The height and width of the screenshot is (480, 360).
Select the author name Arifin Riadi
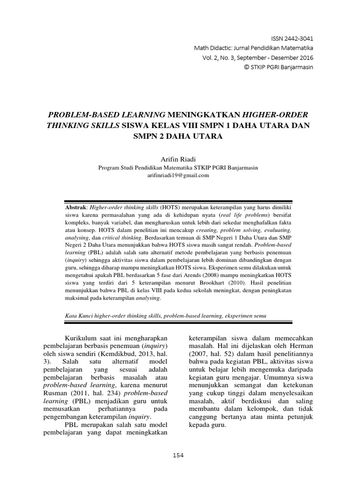(180, 159)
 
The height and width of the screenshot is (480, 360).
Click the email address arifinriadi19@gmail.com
(180, 175)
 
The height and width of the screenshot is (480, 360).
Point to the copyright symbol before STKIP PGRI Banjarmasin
(247, 67)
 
